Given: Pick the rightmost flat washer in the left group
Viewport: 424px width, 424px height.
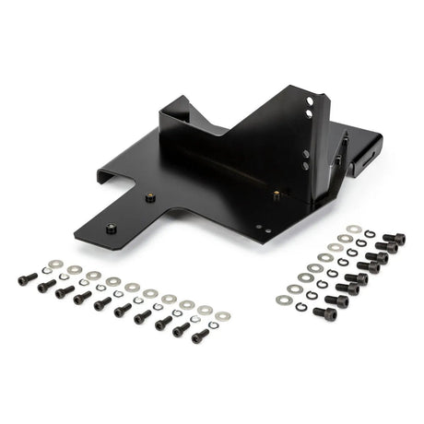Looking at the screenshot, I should pyautogui.click(x=222, y=316).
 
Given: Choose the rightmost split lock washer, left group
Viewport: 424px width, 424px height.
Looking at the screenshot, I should pyautogui.click(x=210, y=325).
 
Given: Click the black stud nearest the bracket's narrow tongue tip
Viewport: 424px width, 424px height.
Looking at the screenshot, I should pyautogui.click(x=112, y=228).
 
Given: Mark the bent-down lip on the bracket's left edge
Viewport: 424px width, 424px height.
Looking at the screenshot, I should pyautogui.click(x=105, y=175).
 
